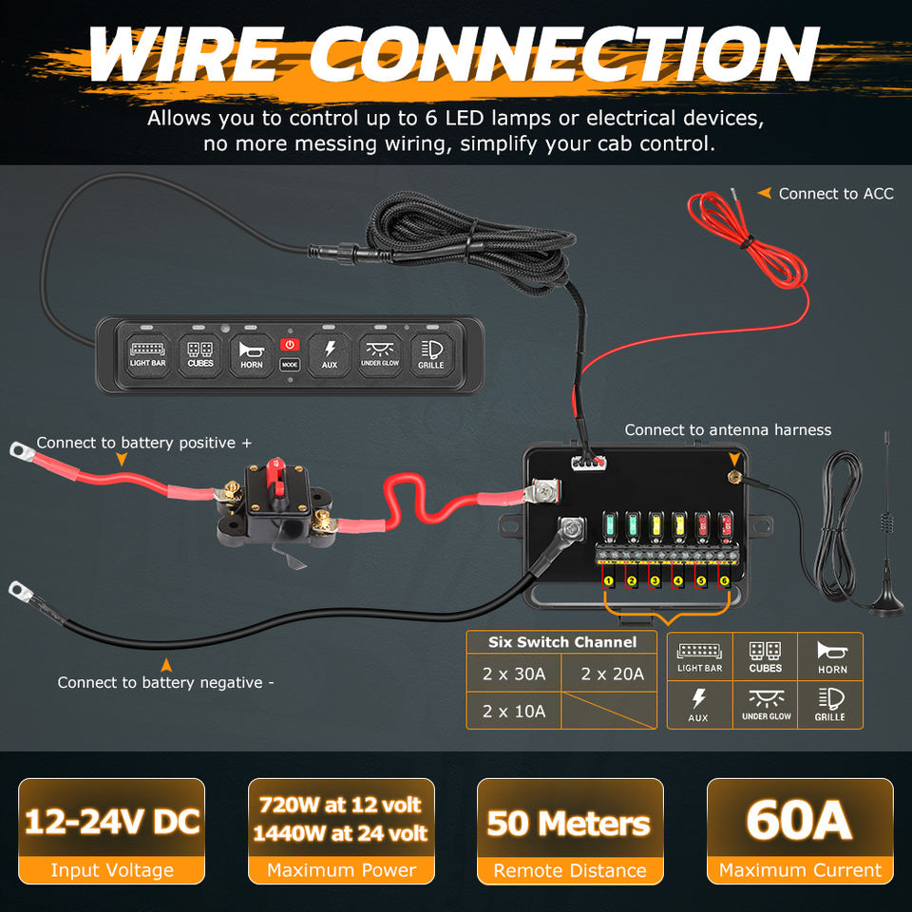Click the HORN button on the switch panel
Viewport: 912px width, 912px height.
(251, 353)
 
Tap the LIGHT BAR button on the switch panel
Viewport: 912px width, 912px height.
(147, 353)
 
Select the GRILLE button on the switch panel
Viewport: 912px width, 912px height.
(430, 353)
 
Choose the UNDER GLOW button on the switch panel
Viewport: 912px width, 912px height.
(380, 353)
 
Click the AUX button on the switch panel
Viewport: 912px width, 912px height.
(329, 353)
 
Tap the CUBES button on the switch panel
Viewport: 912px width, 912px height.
(200, 353)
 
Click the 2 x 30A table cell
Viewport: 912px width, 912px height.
(514, 674)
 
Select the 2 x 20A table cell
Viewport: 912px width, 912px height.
(612, 674)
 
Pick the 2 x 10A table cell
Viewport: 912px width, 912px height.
(514, 711)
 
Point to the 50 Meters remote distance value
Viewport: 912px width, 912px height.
(569, 823)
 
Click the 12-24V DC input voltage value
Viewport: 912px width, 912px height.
(112, 821)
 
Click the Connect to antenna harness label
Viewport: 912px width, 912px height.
(728, 430)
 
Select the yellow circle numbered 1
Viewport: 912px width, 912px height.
(607, 580)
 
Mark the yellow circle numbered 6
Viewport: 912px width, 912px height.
(725, 580)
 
